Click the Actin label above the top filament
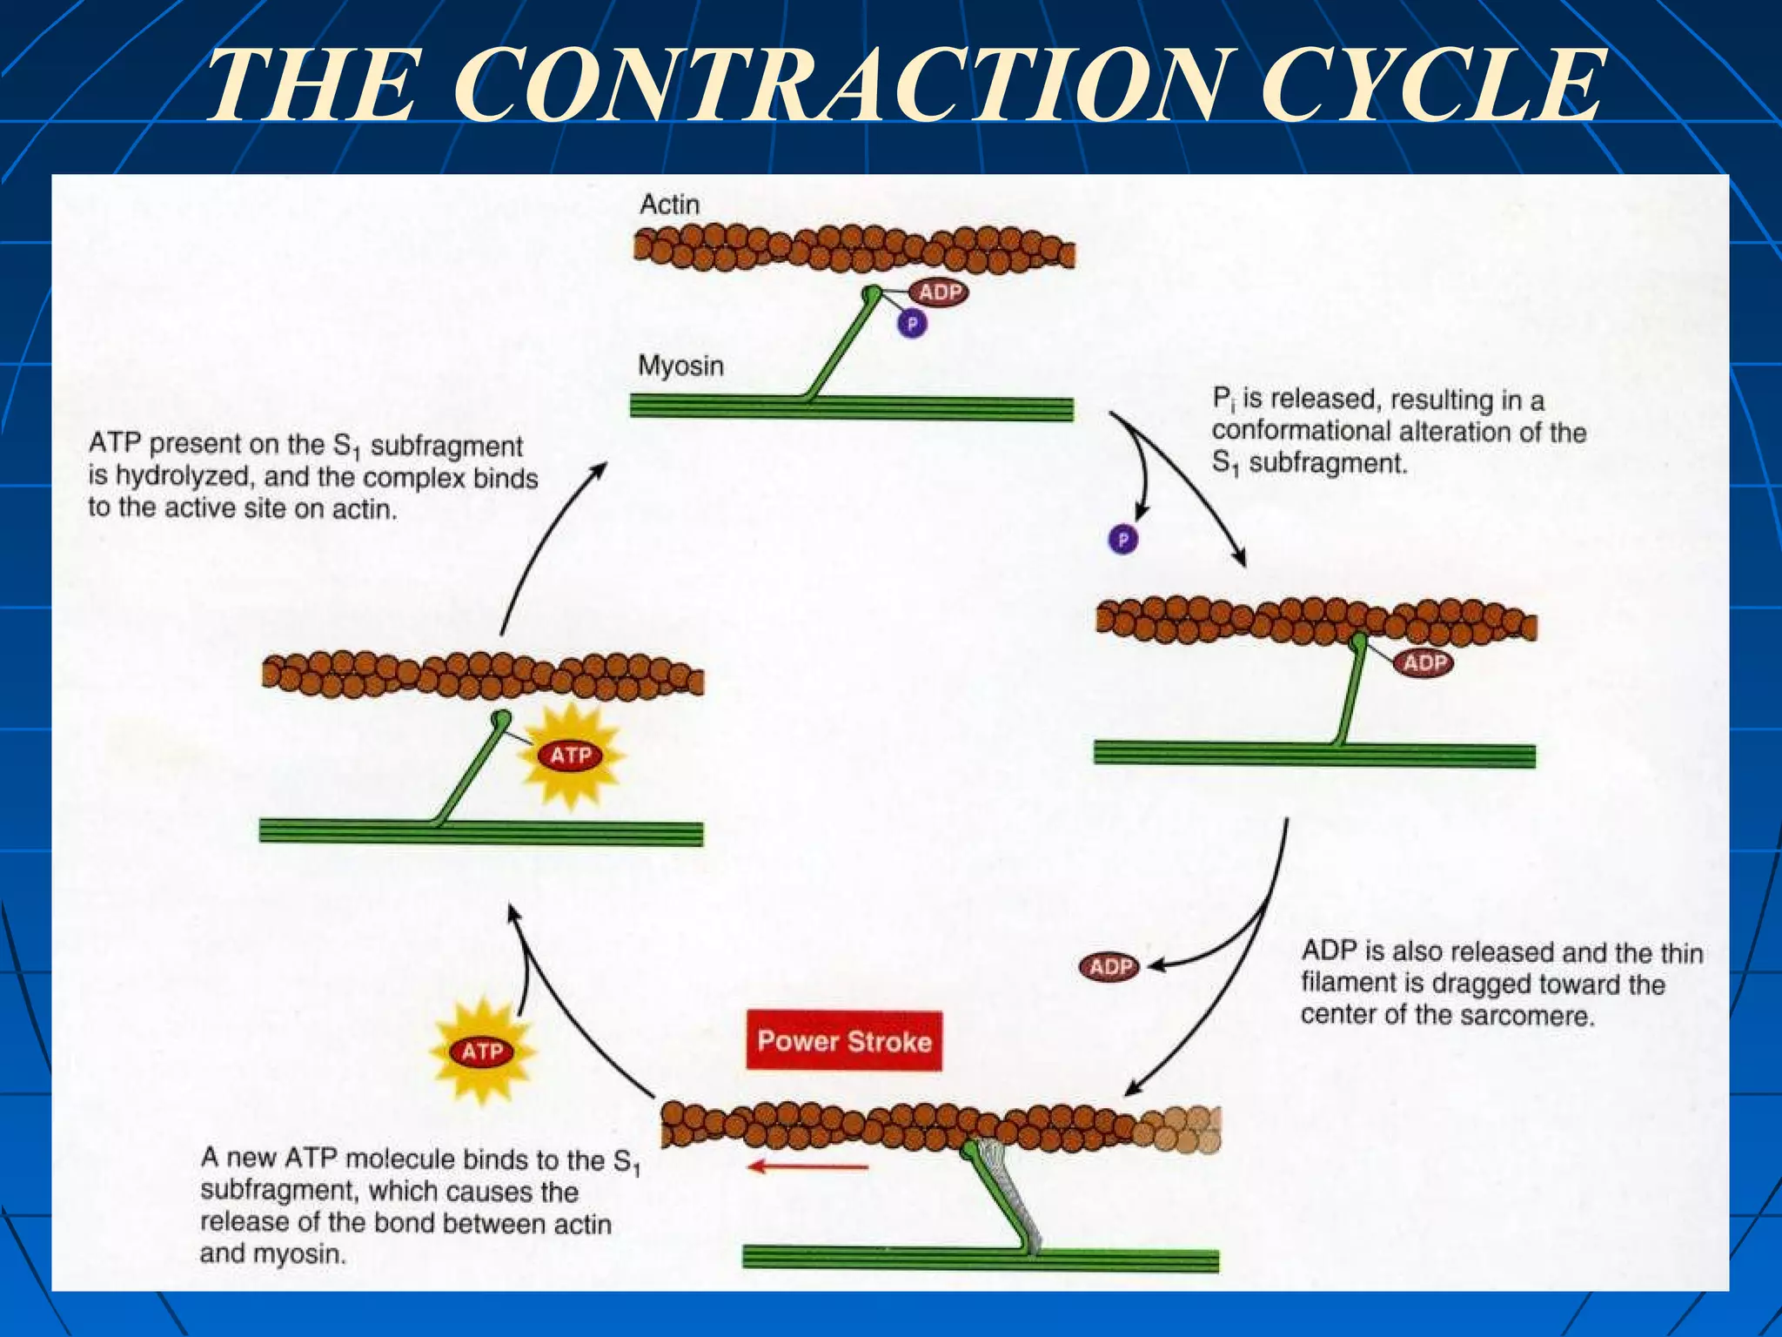(x=669, y=205)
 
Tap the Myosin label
(x=680, y=365)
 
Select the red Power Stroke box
(x=843, y=1040)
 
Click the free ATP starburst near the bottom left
(x=481, y=1051)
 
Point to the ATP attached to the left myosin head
(x=571, y=755)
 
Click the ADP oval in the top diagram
(x=939, y=292)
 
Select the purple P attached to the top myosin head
(x=912, y=325)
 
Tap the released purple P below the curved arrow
(x=1122, y=540)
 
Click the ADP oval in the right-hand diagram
(x=1424, y=663)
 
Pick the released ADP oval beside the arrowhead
(x=1109, y=966)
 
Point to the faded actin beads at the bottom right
(x=1180, y=1129)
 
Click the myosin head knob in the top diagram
(x=871, y=294)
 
